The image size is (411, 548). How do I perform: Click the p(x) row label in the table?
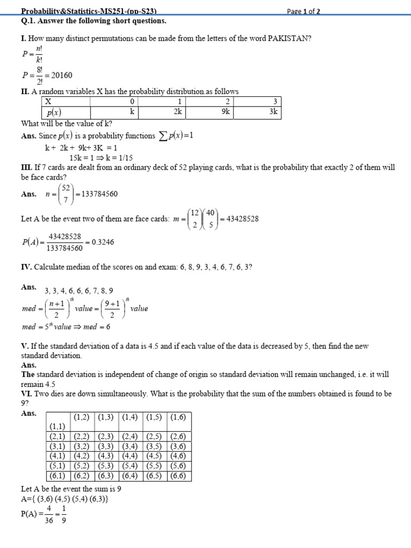(x=54, y=112)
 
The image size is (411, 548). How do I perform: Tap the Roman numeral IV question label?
(x=26, y=267)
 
